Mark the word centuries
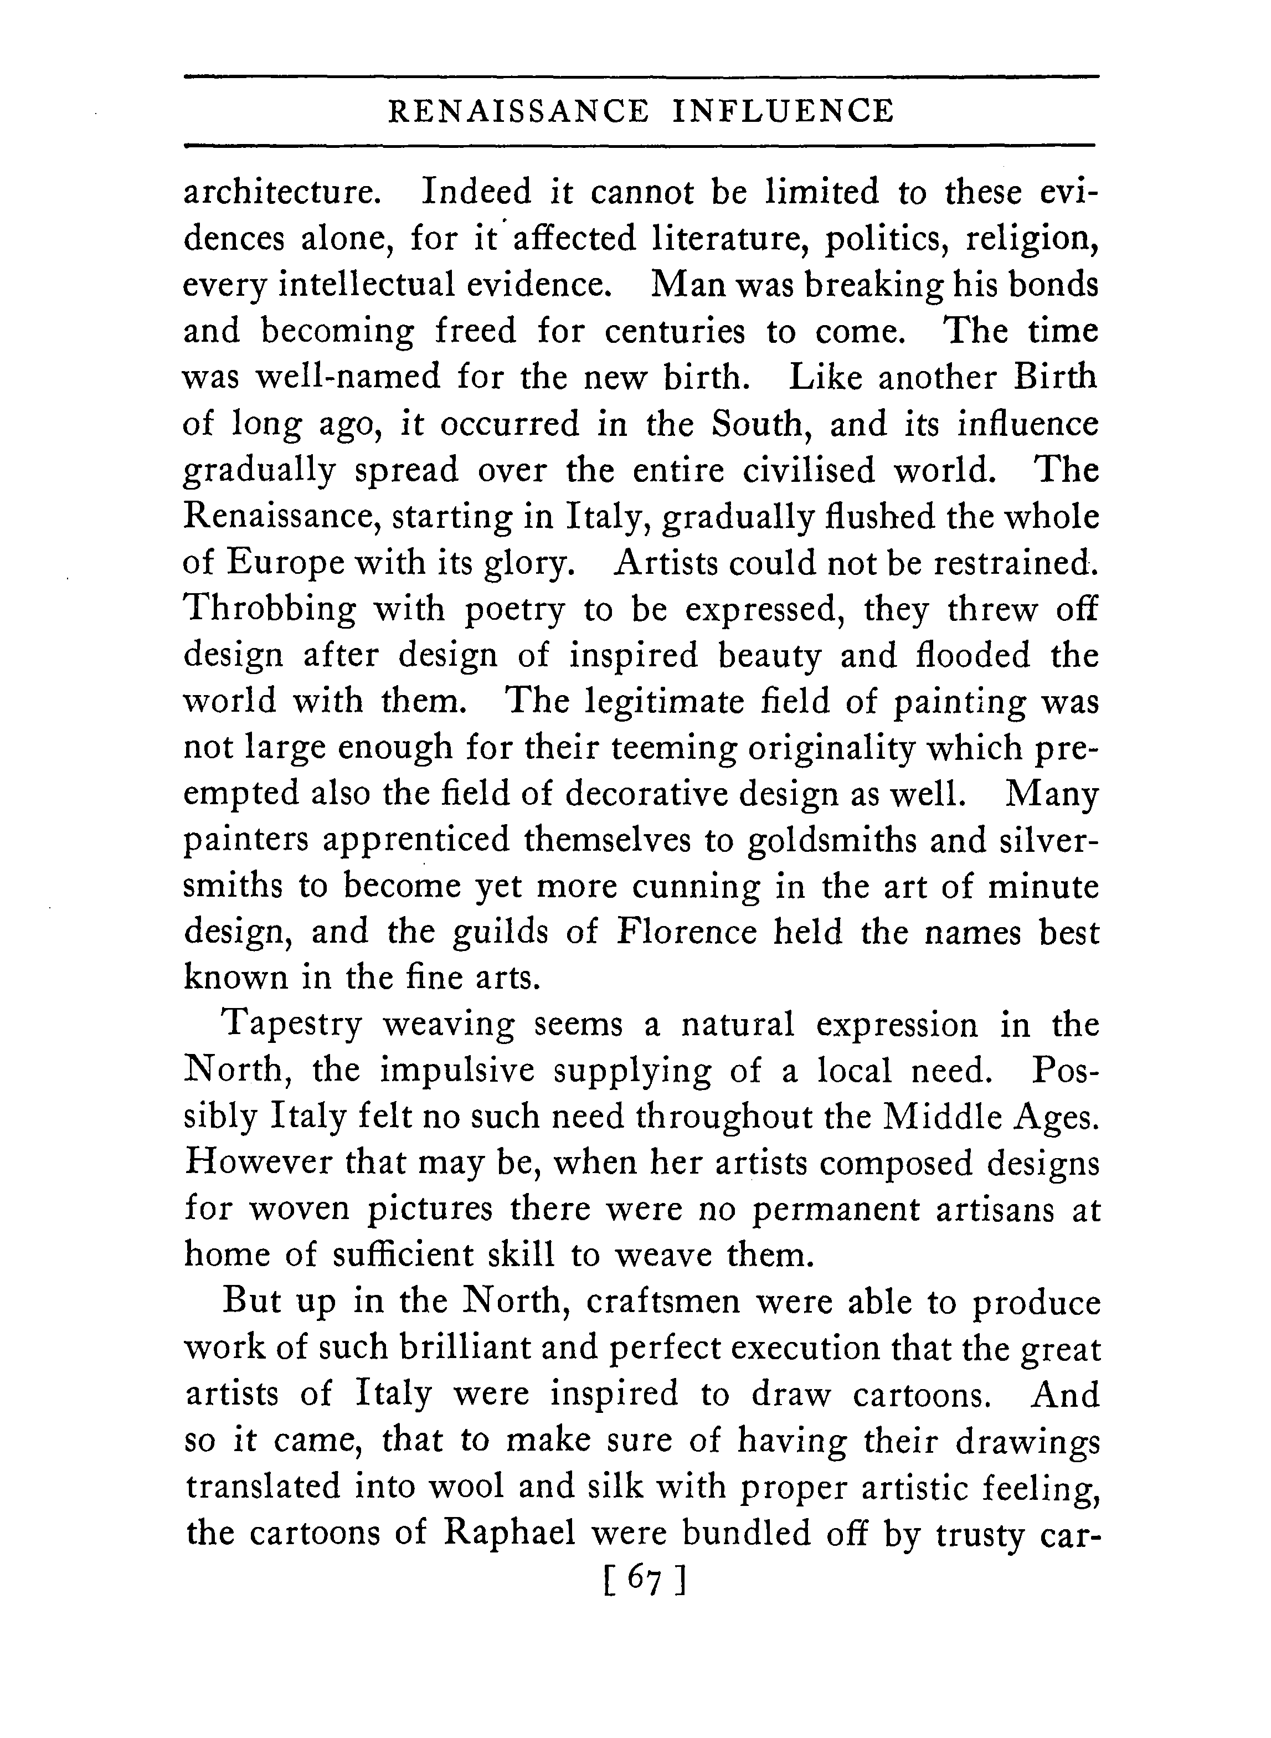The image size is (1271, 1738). tap(675, 332)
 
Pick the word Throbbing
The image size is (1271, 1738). tap(271, 609)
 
